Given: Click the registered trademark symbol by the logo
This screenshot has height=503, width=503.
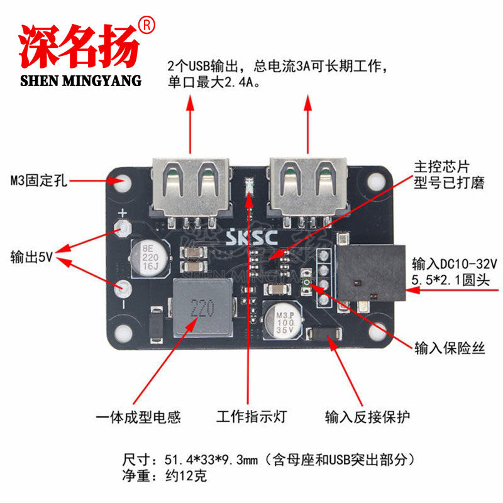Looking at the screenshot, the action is (x=146, y=26).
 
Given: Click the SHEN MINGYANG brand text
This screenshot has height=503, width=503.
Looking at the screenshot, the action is (x=81, y=80).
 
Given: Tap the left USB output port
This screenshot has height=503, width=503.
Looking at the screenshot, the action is (x=191, y=187).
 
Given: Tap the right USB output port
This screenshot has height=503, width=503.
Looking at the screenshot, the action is (x=308, y=187).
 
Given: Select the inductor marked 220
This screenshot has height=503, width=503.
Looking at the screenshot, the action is (x=202, y=308).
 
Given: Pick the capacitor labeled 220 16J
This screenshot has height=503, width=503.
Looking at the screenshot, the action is (x=150, y=258).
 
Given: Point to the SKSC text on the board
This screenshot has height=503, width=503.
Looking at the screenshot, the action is (x=252, y=238).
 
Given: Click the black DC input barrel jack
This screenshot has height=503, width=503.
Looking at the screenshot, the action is (x=371, y=273).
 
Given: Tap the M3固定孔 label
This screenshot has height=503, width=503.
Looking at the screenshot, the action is (x=39, y=180).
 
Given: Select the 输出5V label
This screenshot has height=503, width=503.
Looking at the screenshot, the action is (x=31, y=257).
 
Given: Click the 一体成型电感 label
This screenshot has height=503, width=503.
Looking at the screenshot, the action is (x=138, y=417).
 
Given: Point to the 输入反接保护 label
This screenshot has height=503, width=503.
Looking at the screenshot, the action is (x=368, y=417).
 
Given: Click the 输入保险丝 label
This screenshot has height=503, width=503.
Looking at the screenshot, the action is (x=450, y=348).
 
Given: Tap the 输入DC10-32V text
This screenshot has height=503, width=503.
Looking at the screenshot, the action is (x=455, y=264).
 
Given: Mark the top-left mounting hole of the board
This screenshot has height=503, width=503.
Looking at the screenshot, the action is (x=123, y=182).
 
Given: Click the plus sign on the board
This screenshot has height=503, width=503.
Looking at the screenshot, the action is (x=123, y=213).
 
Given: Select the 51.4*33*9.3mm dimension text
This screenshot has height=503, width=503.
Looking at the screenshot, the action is (x=211, y=460).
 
